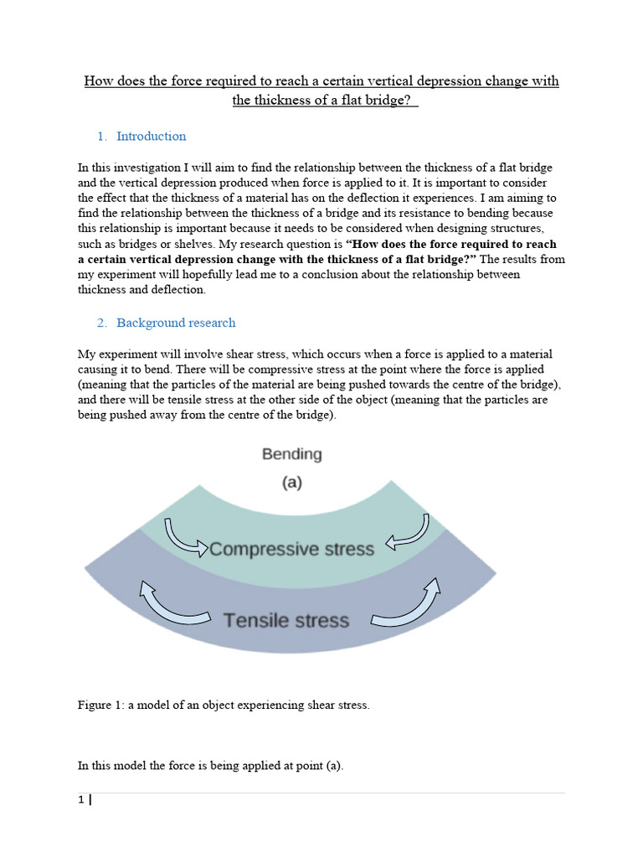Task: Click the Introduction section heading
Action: pyautogui.click(x=151, y=137)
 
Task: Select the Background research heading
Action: pyautogui.click(x=176, y=323)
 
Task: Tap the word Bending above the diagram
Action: pyautogui.click(x=291, y=454)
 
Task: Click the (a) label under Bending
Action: pyautogui.click(x=291, y=483)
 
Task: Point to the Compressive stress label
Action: pyautogui.click(x=291, y=549)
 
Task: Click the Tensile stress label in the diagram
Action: pyautogui.click(x=285, y=620)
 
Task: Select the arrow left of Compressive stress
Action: pyautogui.click(x=187, y=537)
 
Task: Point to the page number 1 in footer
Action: pyautogui.click(x=80, y=800)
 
